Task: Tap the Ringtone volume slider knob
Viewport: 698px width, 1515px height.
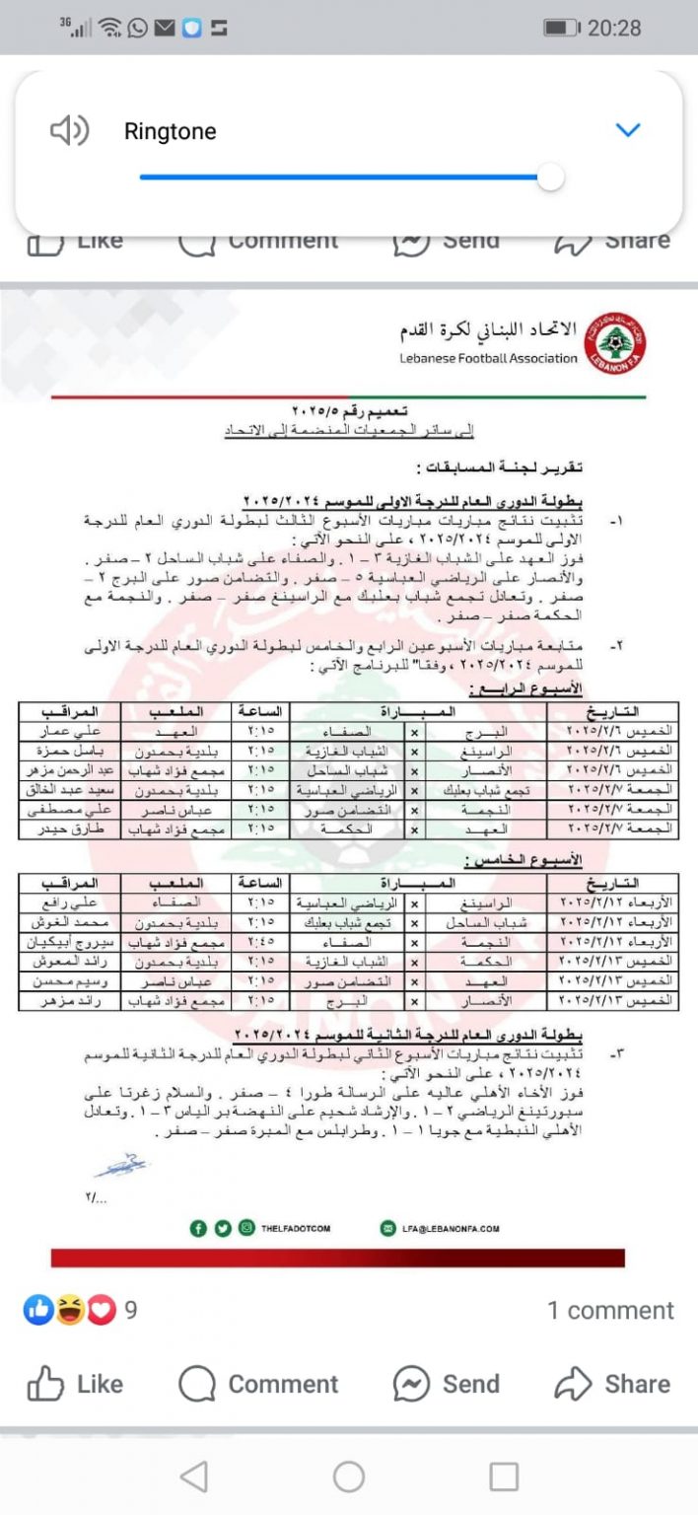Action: pos(550,178)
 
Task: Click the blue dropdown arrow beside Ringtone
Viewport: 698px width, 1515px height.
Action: pos(628,130)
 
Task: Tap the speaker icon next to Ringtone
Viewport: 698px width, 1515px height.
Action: pos(69,130)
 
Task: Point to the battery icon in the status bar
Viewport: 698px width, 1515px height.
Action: pos(561,28)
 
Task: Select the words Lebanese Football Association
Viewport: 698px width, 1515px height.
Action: pos(488,359)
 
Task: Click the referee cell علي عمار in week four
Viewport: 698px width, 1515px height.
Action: pos(70,733)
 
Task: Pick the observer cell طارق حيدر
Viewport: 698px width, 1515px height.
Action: pos(70,830)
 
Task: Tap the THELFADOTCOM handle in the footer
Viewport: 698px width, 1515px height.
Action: pos(296,1229)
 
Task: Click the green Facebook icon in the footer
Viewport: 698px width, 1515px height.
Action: pos(198,1229)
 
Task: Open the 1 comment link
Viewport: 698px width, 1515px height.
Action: pos(610,1310)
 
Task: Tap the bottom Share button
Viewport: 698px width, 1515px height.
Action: pos(612,1384)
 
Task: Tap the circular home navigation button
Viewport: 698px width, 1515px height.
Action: pos(349,1476)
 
